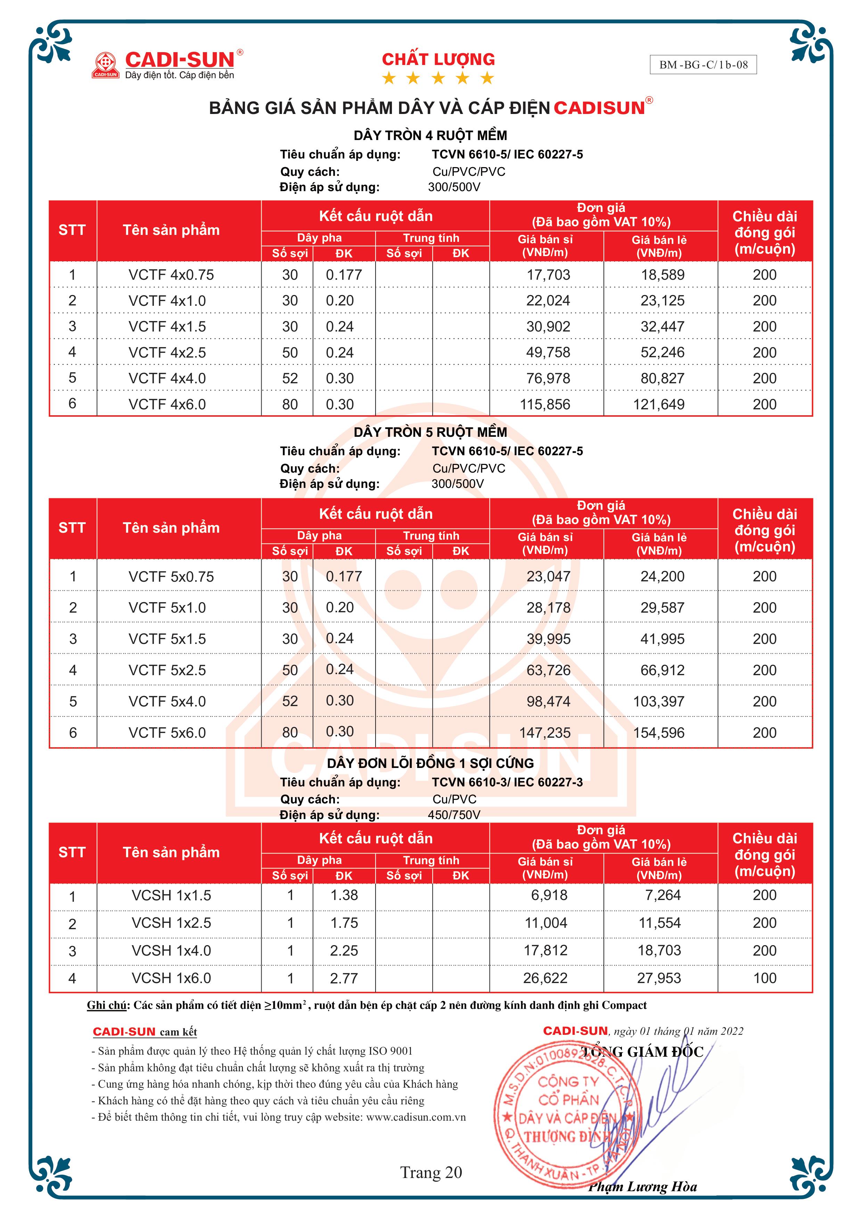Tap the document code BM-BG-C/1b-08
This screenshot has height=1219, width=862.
[x=703, y=65]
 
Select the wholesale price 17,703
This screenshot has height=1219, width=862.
[x=548, y=275]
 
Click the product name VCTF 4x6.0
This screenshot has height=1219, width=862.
[x=167, y=404]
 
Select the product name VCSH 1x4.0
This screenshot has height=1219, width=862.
[x=171, y=950]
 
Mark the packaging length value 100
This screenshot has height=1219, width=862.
[x=764, y=978]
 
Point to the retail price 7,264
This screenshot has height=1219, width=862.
[x=663, y=895]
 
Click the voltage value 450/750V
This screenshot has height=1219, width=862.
[x=454, y=815]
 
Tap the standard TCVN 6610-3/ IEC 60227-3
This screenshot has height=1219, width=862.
[x=507, y=782]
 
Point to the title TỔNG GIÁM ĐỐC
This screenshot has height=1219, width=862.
[x=642, y=1052]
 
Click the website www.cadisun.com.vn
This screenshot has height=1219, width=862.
[x=416, y=1117]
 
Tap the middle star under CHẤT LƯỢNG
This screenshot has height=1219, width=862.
[x=438, y=79]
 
